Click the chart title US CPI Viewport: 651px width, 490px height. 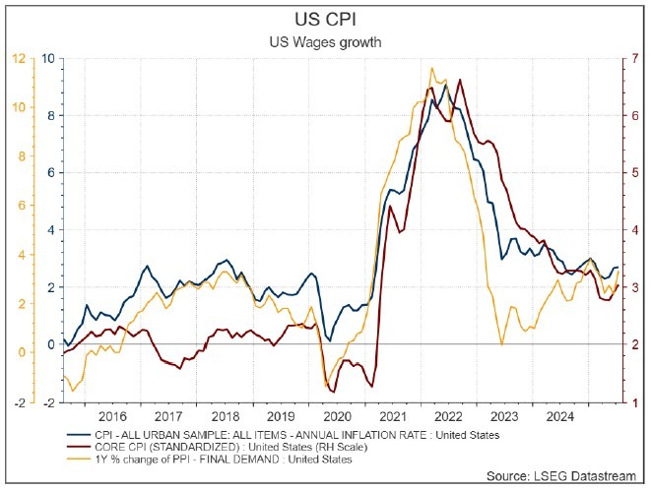pos(325,19)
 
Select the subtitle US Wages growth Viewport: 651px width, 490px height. pos(325,42)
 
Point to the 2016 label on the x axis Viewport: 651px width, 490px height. pos(113,416)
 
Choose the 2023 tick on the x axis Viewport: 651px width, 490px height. pos(505,416)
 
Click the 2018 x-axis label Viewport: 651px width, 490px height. pos(226,416)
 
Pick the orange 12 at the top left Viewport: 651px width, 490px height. pos(19,58)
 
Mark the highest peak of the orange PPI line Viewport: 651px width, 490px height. pos(431,68)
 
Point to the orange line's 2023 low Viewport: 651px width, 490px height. pos(502,344)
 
